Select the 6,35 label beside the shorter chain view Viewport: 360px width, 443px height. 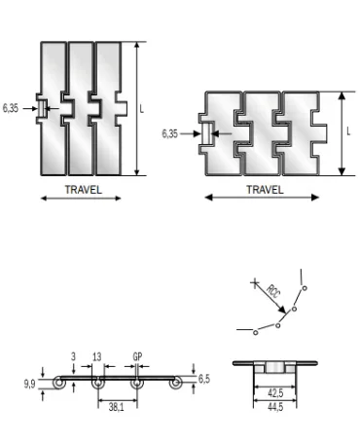[x=169, y=133]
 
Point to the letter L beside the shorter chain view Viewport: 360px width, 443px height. [x=348, y=130]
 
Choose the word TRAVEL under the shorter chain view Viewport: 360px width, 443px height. [x=265, y=190]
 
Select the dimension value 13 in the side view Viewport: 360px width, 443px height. [x=96, y=357]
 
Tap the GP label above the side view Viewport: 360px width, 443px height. [x=137, y=357]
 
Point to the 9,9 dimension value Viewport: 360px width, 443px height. [x=30, y=384]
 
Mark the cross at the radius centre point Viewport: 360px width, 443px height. [x=256, y=285]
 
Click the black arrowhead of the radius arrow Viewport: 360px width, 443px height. [x=283, y=311]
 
